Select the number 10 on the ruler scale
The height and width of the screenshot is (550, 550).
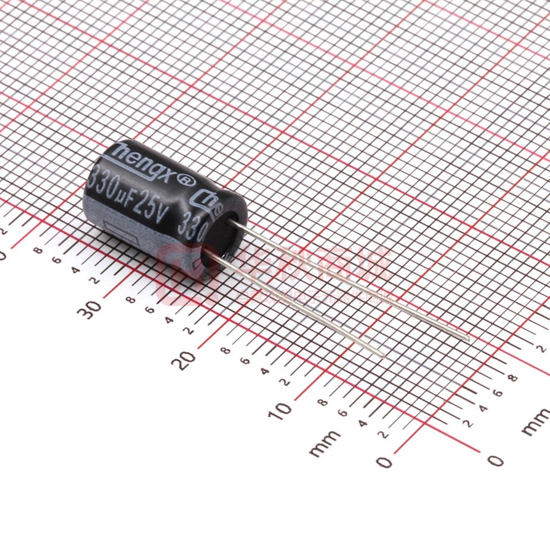pos(282,408)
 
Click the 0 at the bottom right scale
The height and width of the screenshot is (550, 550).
pos(495,460)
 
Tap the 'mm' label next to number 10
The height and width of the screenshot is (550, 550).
pos(325,443)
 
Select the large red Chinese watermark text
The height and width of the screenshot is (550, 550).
pos(315,268)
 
